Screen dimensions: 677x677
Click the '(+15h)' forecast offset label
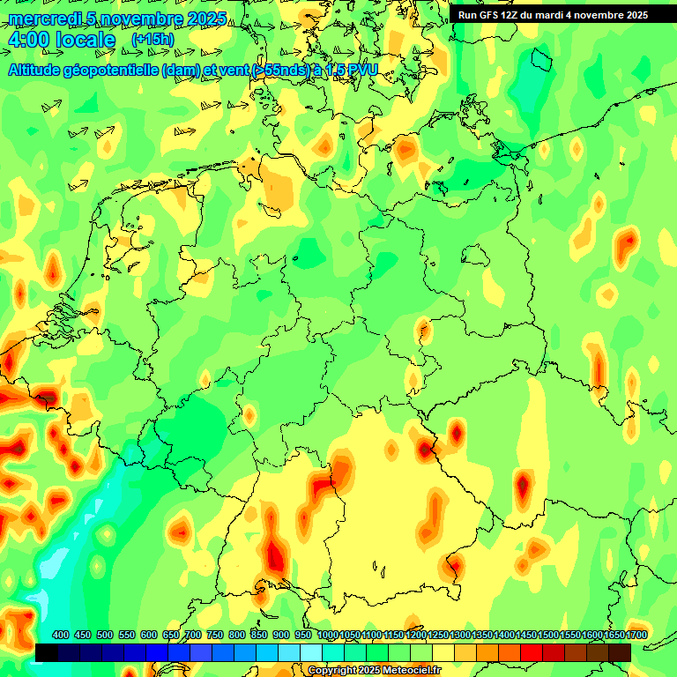[x=153, y=39]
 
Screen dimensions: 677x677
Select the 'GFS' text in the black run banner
[x=493, y=15]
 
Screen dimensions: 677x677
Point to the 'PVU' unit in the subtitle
[x=362, y=70]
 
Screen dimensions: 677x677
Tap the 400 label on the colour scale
[x=61, y=635]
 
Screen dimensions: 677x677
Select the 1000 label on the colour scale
[x=327, y=635]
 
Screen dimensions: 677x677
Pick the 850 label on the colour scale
[x=259, y=635]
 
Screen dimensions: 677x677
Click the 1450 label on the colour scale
[x=527, y=635]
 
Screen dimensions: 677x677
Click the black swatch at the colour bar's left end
[x=47, y=651]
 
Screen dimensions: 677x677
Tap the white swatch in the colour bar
[x=311, y=651]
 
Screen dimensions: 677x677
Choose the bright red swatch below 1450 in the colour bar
[x=532, y=651]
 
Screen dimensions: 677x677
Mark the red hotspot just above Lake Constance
[x=276, y=555]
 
